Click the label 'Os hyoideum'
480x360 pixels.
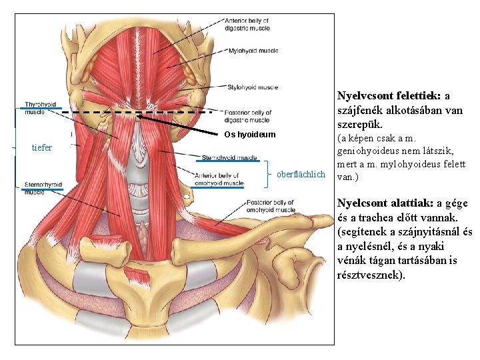coord(247,135)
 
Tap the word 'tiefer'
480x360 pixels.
coord(42,147)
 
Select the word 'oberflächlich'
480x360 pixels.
coord(301,174)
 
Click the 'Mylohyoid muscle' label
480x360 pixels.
coord(253,51)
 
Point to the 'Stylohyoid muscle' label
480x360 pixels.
coord(253,87)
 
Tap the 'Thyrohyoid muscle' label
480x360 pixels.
coord(41,108)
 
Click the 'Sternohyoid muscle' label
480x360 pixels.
coord(229,158)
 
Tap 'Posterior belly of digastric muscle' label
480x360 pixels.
coord(248,116)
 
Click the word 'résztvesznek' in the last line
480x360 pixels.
coord(370,274)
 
